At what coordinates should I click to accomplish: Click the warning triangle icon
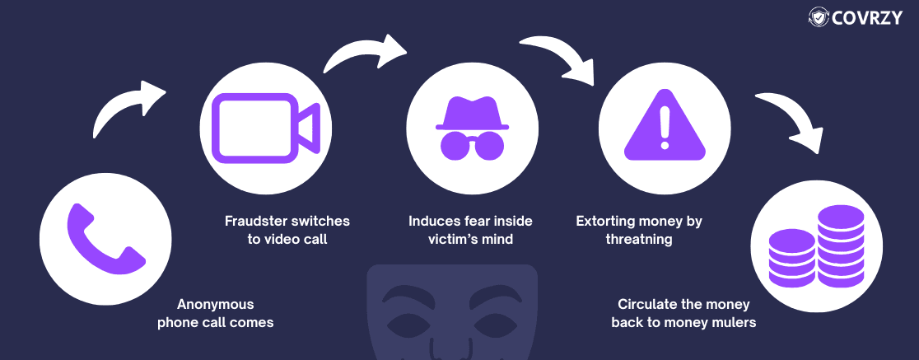point(665,125)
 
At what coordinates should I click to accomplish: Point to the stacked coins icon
point(815,246)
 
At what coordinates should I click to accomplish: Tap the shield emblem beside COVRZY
point(819,17)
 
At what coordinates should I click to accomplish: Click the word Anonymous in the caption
point(216,304)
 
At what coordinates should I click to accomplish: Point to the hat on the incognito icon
point(472,113)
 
